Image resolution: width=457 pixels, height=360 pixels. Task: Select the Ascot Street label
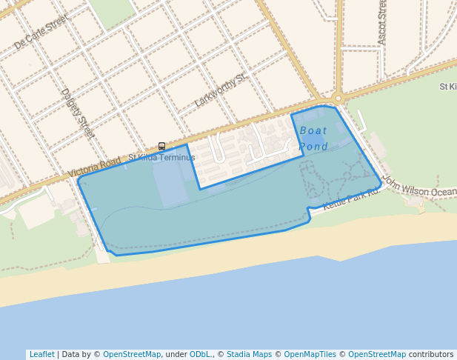(x=382, y=22)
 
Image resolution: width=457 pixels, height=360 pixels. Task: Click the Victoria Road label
(x=94, y=167)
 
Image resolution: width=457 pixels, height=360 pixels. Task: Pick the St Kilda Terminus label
(x=161, y=158)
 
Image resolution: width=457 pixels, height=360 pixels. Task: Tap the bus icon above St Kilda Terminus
(x=161, y=147)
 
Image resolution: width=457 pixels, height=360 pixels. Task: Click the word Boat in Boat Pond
(x=313, y=130)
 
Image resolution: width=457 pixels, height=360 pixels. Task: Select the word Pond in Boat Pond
(x=313, y=147)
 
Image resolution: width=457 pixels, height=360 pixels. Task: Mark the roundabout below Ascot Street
(x=338, y=97)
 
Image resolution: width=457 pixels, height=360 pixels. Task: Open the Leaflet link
(x=41, y=354)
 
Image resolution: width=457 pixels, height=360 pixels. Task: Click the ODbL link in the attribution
(x=200, y=354)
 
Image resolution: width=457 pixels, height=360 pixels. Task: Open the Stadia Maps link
(x=249, y=354)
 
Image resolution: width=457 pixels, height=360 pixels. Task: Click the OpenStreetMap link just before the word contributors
(x=377, y=354)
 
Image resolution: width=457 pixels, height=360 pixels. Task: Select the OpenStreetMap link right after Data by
(x=132, y=354)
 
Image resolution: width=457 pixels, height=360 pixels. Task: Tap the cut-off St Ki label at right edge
(x=447, y=87)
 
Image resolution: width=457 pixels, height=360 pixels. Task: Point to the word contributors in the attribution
(x=431, y=354)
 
